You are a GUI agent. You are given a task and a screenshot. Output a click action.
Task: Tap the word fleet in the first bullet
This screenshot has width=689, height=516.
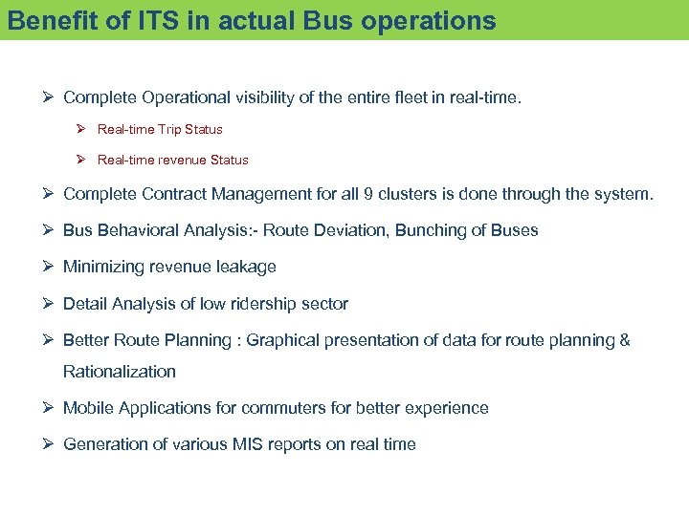click(403, 97)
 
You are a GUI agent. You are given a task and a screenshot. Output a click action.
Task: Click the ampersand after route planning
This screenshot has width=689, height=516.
click(624, 340)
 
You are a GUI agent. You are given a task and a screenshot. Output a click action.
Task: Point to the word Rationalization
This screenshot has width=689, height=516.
click(120, 371)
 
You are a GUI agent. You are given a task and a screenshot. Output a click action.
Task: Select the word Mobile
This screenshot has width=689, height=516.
click(86, 408)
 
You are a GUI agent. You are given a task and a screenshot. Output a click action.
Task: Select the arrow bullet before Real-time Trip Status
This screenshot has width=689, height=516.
click(82, 129)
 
